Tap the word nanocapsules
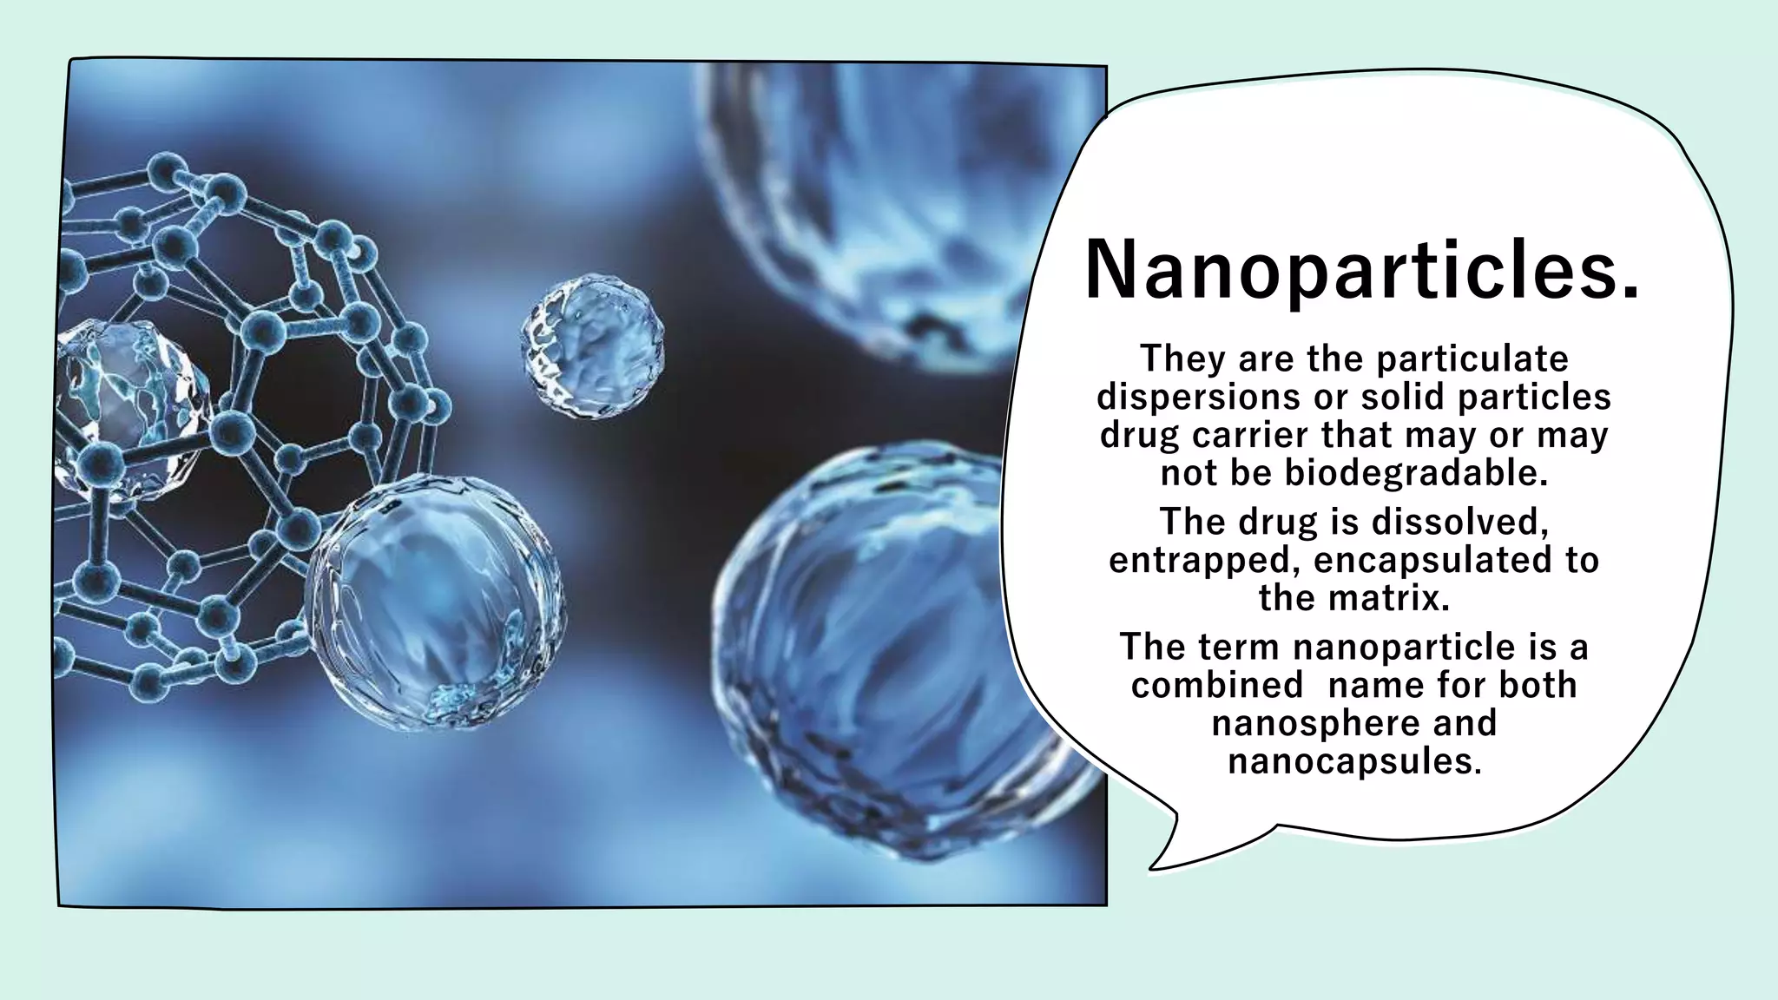click(x=1353, y=761)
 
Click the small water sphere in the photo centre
click(x=593, y=345)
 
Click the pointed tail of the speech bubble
click(x=1154, y=865)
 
